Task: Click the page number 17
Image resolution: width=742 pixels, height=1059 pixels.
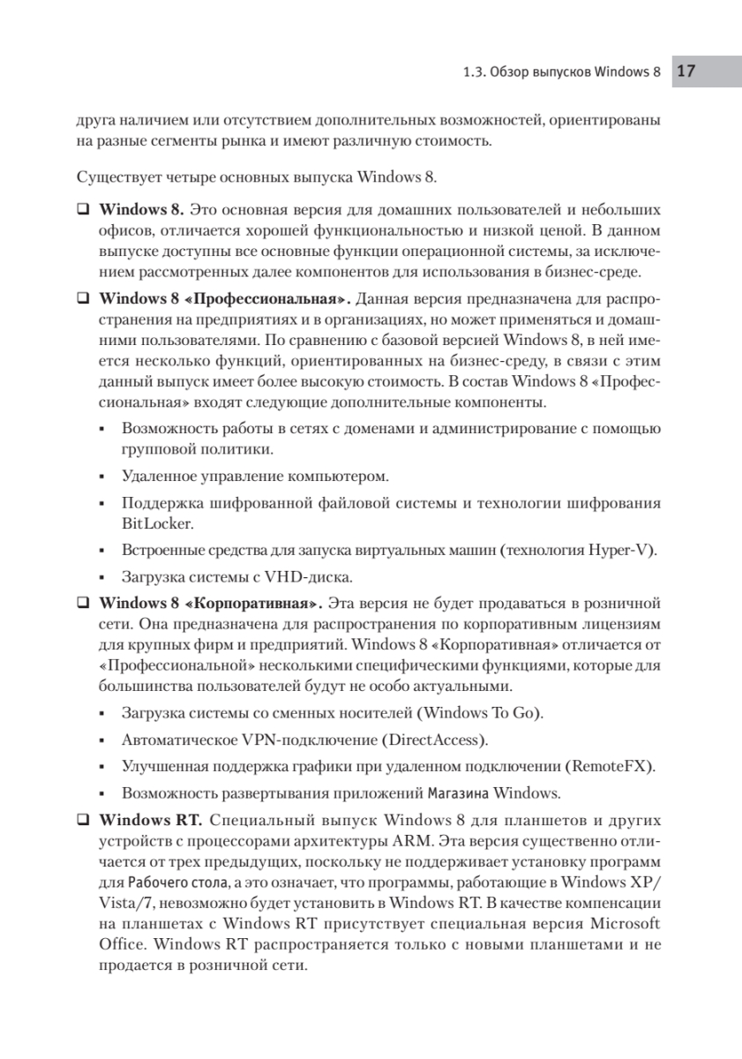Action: (x=688, y=71)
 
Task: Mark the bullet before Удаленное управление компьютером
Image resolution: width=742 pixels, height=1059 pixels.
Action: (x=104, y=478)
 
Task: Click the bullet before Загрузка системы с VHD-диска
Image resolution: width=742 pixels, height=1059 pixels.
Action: (x=104, y=580)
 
